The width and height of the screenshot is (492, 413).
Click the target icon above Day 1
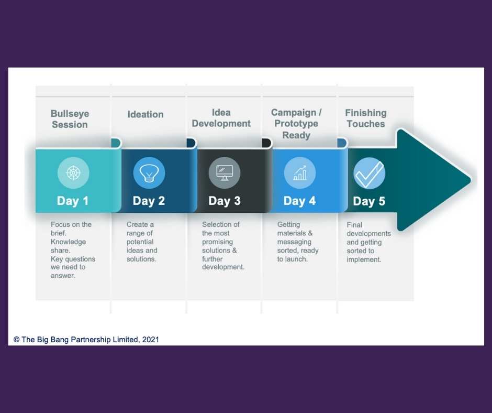click(73, 173)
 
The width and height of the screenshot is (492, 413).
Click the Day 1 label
click(73, 201)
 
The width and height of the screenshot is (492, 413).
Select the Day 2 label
click(149, 201)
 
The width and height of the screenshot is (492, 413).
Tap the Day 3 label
click(225, 201)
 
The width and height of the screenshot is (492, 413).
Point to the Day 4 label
click(299, 201)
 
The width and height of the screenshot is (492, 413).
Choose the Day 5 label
click(369, 201)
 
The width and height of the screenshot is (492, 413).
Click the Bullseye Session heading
click(70, 119)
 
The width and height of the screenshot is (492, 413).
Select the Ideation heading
click(146, 114)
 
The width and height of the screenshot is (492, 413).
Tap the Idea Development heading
click(221, 118)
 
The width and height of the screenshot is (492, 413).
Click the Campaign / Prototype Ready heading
click(296, 124)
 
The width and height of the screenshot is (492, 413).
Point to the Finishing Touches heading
click(366, 118)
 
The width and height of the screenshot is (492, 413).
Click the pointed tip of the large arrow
click(469, 180)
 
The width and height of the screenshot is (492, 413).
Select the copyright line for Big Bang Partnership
click(86, 340)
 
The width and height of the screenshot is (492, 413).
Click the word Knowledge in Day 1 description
click(69, 242)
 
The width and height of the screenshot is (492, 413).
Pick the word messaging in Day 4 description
click(294, 242)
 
